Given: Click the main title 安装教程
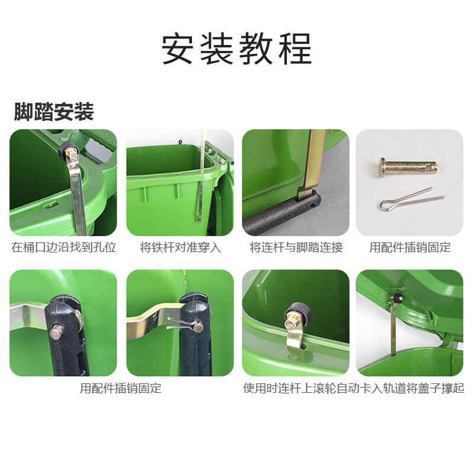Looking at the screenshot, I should [237, 49].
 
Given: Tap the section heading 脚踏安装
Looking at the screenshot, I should [54, 111].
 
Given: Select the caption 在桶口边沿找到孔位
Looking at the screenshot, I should [63, 248].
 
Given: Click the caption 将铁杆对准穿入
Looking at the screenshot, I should [180, 248].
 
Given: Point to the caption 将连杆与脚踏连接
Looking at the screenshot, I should [296, 248].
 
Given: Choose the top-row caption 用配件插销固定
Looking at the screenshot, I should [410, 248].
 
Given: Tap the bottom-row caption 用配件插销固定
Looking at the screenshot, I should [121, 389].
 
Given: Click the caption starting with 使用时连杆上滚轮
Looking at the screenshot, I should [354, 389].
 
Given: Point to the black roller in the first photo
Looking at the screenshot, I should [66, 148].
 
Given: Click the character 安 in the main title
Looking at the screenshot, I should [180, 49].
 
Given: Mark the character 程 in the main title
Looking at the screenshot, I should [294, 49].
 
